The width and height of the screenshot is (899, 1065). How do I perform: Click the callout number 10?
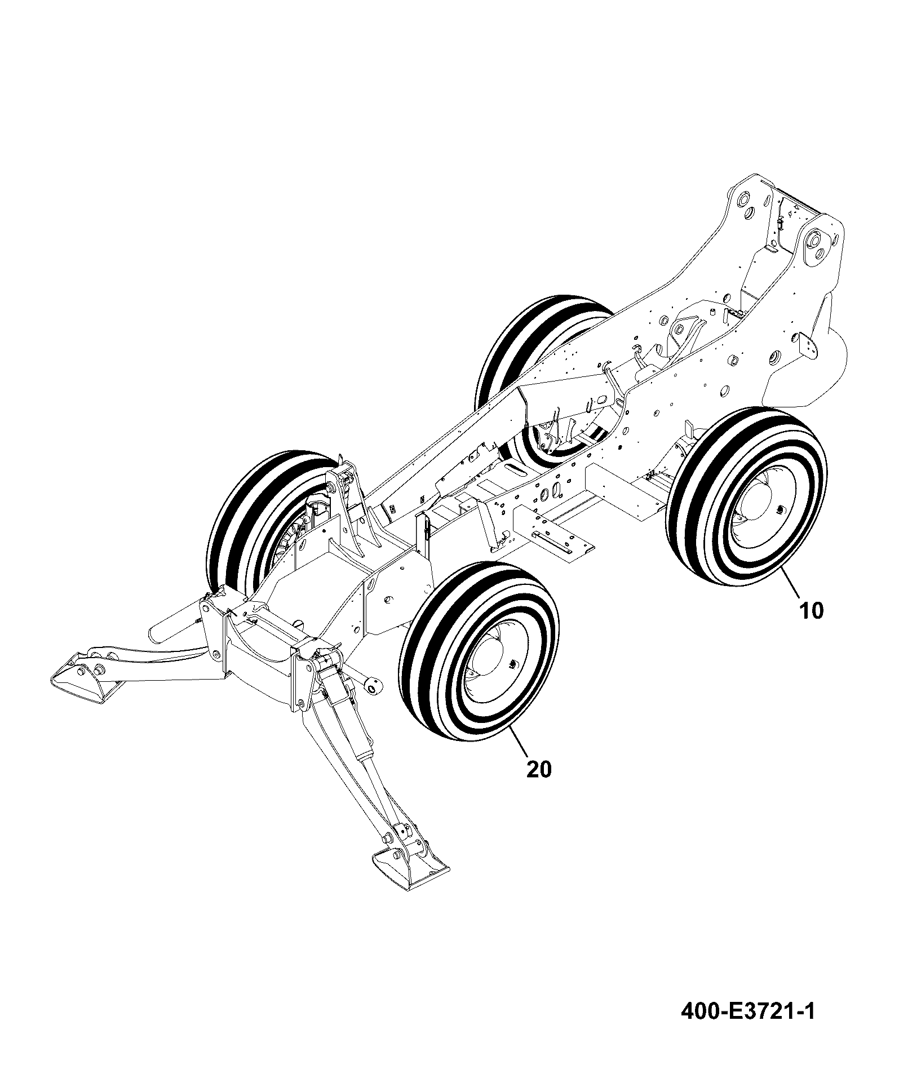point(811,610)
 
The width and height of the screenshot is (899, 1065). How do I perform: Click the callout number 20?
point(539,769)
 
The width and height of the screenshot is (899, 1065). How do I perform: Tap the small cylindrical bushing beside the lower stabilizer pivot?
point(373,686)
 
